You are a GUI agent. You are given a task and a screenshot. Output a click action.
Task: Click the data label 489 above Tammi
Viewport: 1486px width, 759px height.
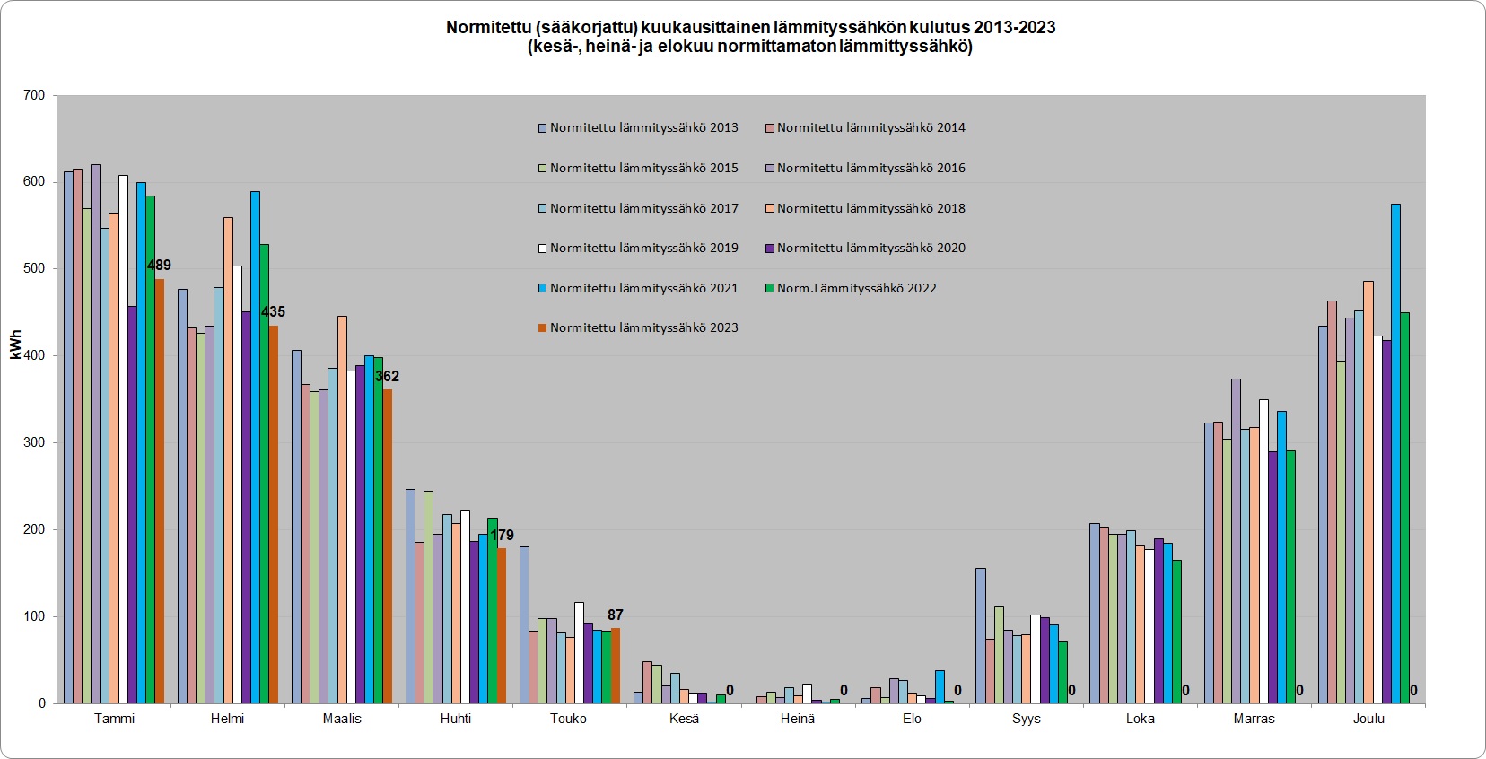159,266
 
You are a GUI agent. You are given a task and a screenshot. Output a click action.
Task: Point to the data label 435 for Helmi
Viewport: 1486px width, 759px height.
273,312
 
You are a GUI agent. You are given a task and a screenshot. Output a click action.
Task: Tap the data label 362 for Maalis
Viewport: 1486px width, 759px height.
387,377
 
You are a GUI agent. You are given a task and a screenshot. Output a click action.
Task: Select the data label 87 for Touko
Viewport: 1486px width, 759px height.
615,615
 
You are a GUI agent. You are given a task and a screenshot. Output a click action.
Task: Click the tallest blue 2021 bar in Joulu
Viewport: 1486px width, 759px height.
1395,449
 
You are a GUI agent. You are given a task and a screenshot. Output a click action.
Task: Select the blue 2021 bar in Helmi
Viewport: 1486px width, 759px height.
255,449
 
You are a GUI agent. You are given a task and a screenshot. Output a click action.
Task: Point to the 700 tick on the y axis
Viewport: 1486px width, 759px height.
34,95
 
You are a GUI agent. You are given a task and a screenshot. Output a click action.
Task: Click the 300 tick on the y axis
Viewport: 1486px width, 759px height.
34,442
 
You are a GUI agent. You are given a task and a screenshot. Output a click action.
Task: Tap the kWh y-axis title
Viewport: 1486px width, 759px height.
15,345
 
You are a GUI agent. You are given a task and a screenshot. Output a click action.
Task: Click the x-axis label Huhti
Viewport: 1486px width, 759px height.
456,719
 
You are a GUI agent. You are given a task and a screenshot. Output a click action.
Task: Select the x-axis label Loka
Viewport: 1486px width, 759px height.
1141,719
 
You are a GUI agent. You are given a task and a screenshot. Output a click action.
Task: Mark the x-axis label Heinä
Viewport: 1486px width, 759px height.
798,719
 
